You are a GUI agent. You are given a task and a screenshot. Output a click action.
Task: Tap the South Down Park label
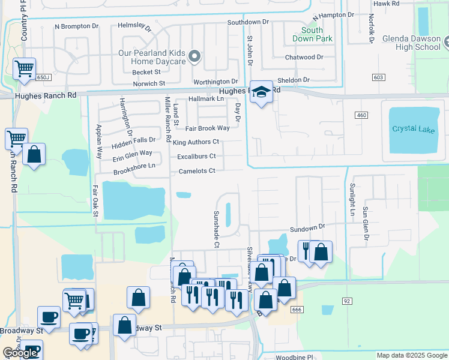pyautogui.click(x=312, y=34)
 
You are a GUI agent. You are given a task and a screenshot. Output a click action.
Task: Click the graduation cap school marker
pyautogui.click(x=261, y=92)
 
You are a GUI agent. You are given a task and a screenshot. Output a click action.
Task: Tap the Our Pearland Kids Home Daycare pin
pyautogui.click(x=194, y=56)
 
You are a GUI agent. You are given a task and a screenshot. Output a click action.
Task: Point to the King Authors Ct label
pyautogui.click(x=196, y=142)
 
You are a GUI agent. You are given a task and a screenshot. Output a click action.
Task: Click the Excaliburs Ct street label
pyautogui.click(x=196, y=157)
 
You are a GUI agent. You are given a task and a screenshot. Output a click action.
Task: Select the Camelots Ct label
pyautogui.click(x=197, y=171)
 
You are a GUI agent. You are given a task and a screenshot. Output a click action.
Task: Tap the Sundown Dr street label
pyautogui.click(x=307, y=228)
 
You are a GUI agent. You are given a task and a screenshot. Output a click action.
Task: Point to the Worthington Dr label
pyautogui.click(x=215, y=82)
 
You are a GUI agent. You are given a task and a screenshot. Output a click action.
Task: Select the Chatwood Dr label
pyautogui.click(x=304, y=58)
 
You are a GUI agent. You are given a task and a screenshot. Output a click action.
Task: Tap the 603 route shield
pyautogui.click(x=378, y=77)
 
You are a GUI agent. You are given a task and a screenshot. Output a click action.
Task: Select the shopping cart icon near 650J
pyautogui.click(x=24, y=70)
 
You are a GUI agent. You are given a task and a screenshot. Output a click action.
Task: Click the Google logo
pyautogui.click(x=20, y=353)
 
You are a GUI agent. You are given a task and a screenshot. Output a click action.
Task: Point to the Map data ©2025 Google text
pyautogui.click(x=411, y=355)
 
